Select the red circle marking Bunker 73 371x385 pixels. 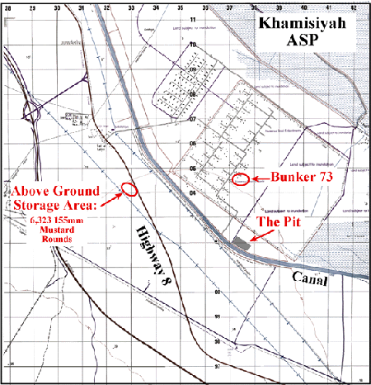(240, 178)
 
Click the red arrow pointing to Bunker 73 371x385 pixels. (257, 178)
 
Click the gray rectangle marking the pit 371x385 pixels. (240, 243)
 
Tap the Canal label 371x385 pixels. (309, 281)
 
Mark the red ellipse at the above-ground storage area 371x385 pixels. (129, 189)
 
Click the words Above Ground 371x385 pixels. (57, 186)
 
